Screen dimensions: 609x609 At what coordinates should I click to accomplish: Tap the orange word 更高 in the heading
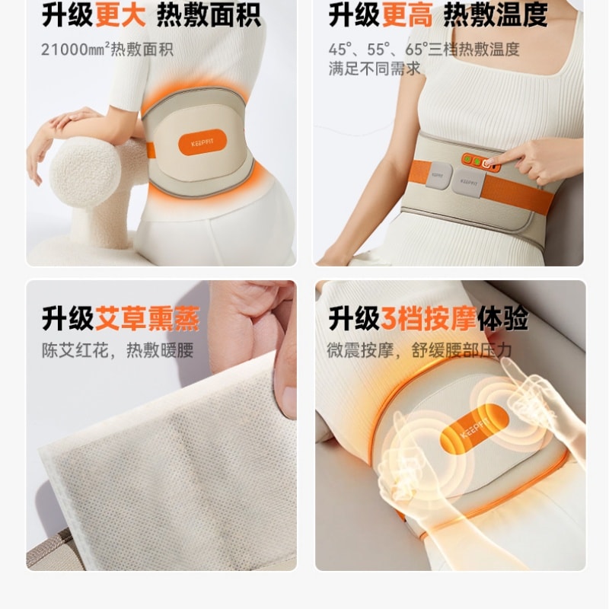pyautogui.click(x=408, y=15)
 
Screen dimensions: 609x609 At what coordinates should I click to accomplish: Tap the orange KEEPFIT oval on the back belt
pyautogui.click(x=197, y=144)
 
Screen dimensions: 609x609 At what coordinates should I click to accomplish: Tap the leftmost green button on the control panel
pyautogui.click(x=465, y=159)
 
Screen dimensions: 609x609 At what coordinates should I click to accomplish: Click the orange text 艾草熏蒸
pyautogui.click(x=147, y=319)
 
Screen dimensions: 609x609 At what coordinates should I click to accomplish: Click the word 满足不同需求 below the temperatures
pyautogui.click(x=374, y=69)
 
